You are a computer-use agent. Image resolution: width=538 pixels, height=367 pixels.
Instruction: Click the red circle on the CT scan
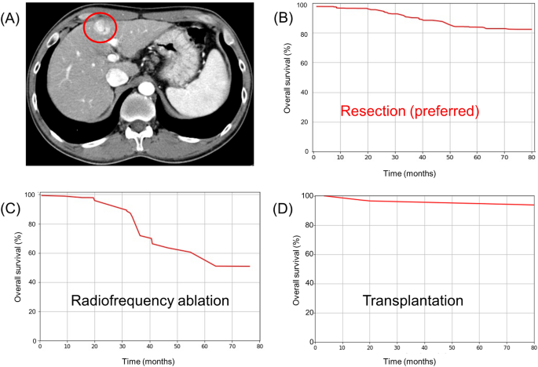(100, 28)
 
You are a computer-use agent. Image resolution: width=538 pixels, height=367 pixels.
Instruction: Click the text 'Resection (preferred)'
(409, 111)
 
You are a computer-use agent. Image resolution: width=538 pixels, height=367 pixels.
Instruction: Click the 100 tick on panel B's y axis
(306, 5)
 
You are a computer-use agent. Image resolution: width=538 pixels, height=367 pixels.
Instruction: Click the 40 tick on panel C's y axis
(31, 282)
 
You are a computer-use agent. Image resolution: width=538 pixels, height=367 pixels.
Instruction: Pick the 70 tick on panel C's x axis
(232, 348)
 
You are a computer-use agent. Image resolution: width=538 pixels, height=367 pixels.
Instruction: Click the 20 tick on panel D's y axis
(305, 312)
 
